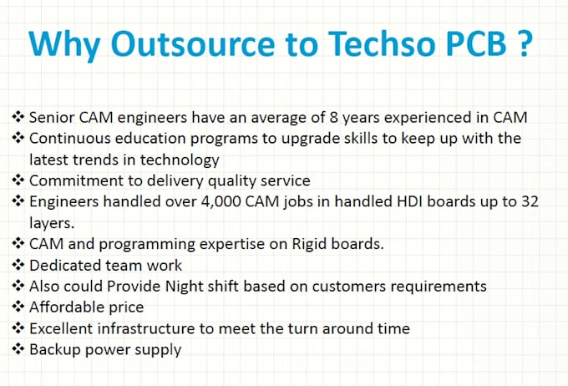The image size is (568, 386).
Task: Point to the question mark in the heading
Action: coord(522,43)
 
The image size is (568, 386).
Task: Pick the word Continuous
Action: coord(68,137)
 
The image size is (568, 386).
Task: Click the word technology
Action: coord(180,159)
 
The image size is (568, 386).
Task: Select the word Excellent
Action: coord(63,328)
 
